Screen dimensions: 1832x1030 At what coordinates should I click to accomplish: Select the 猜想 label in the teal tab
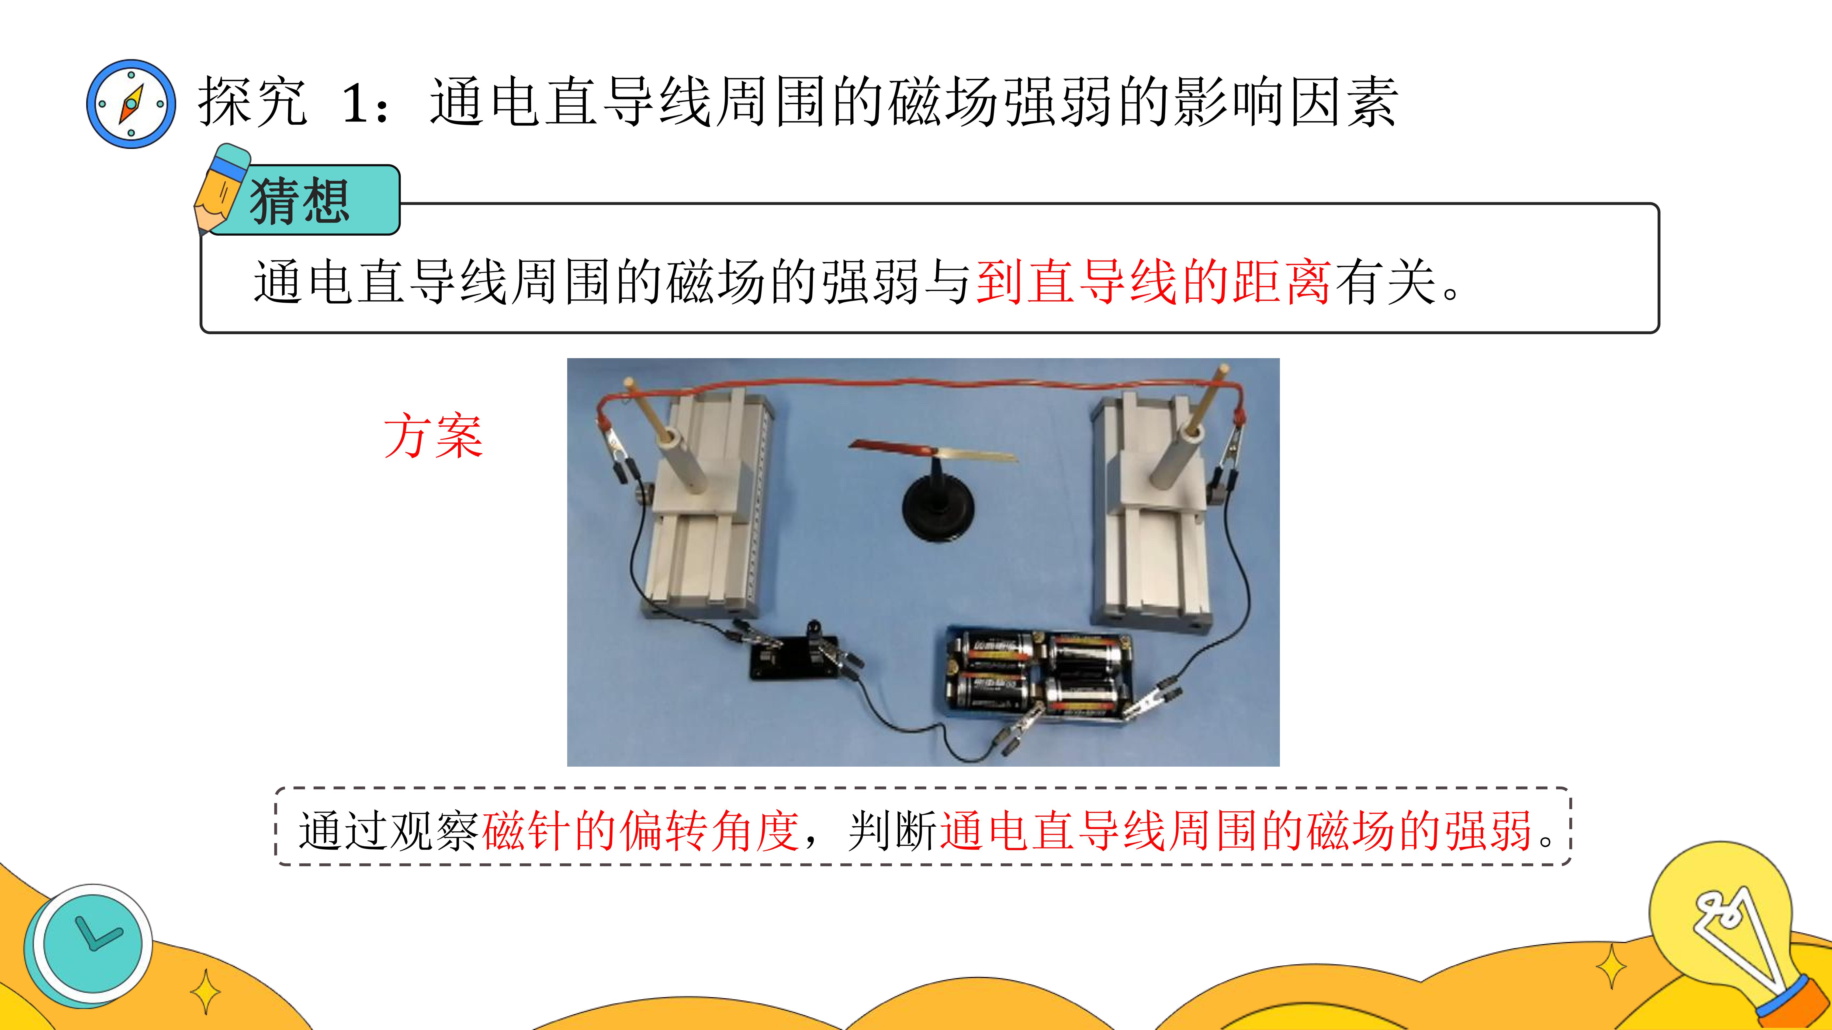pyautogui.click(x=299, y=201)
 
